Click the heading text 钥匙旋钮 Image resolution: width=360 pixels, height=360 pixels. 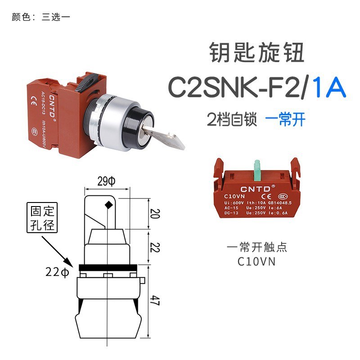pos(257,53)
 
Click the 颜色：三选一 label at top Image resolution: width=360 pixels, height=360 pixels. pos(41,18)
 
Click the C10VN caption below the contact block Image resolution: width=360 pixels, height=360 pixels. pos(257,261)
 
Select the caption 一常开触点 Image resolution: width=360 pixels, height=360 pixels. pos(257,247)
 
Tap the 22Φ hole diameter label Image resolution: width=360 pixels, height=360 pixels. pos(57,272)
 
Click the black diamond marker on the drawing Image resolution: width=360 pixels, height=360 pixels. pos(108,206)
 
